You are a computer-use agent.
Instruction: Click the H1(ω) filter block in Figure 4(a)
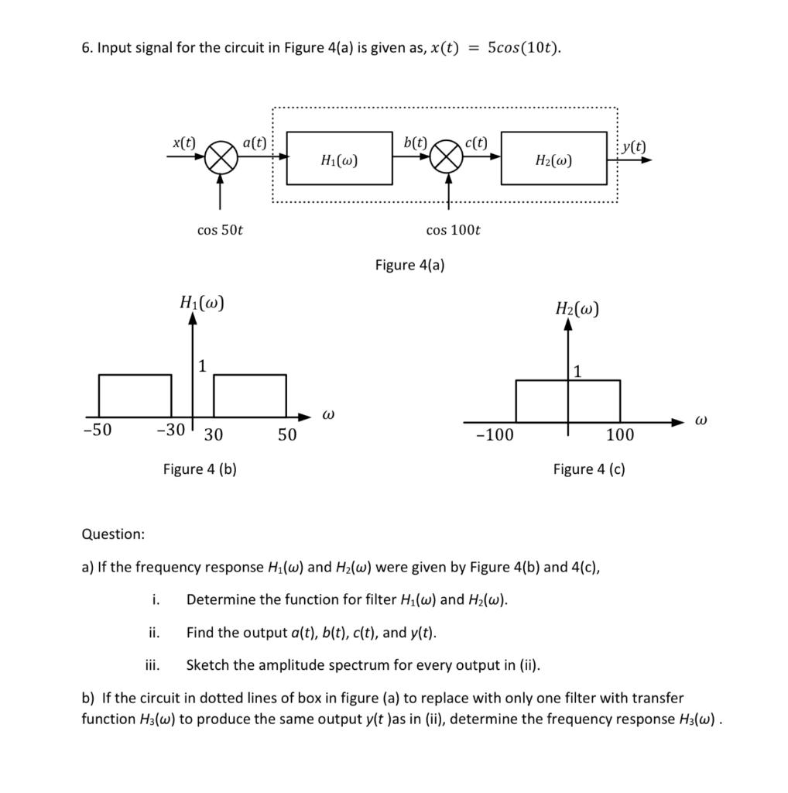click(x=339, y=159)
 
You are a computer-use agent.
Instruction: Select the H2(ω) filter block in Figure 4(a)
click(x=554, y=159)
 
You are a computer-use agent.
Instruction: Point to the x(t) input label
click(x=183, y=142)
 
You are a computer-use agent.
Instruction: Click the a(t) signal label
click(x=254, y=142)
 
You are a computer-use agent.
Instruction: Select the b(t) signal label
click(x=416, y=142)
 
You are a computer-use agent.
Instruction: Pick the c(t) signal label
click(x=477, y=142)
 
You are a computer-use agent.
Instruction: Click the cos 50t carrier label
click(x=221, y=230)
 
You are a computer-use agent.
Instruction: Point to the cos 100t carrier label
click(x=453, y=230)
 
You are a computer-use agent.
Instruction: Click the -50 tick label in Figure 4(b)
click(x=98, y=431)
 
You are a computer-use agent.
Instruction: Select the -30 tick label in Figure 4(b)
click(x=170, y=431)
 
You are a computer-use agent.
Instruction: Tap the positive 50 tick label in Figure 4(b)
click(x=286, y=434)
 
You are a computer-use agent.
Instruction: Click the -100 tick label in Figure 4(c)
click(x=494, y=434)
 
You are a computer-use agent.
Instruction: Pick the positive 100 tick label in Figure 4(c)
click(x=620, y=434)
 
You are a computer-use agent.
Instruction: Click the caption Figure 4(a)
click(x=409, y=265)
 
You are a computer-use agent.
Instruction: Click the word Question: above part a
click(x=113, y=534)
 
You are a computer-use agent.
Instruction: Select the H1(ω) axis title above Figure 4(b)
click(x=202, y=302)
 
